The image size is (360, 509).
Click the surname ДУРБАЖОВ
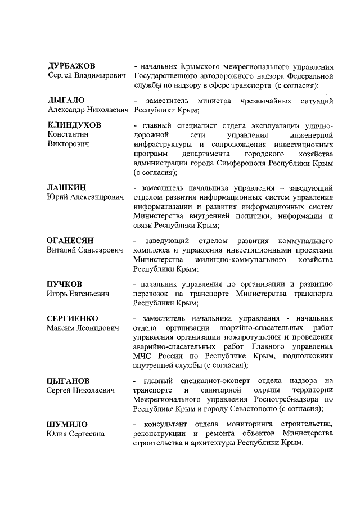point(71,66)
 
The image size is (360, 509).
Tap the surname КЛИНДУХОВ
point(74,125)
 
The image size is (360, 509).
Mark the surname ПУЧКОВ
point(64,283)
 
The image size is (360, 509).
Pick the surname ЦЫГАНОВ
point(68,381)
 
